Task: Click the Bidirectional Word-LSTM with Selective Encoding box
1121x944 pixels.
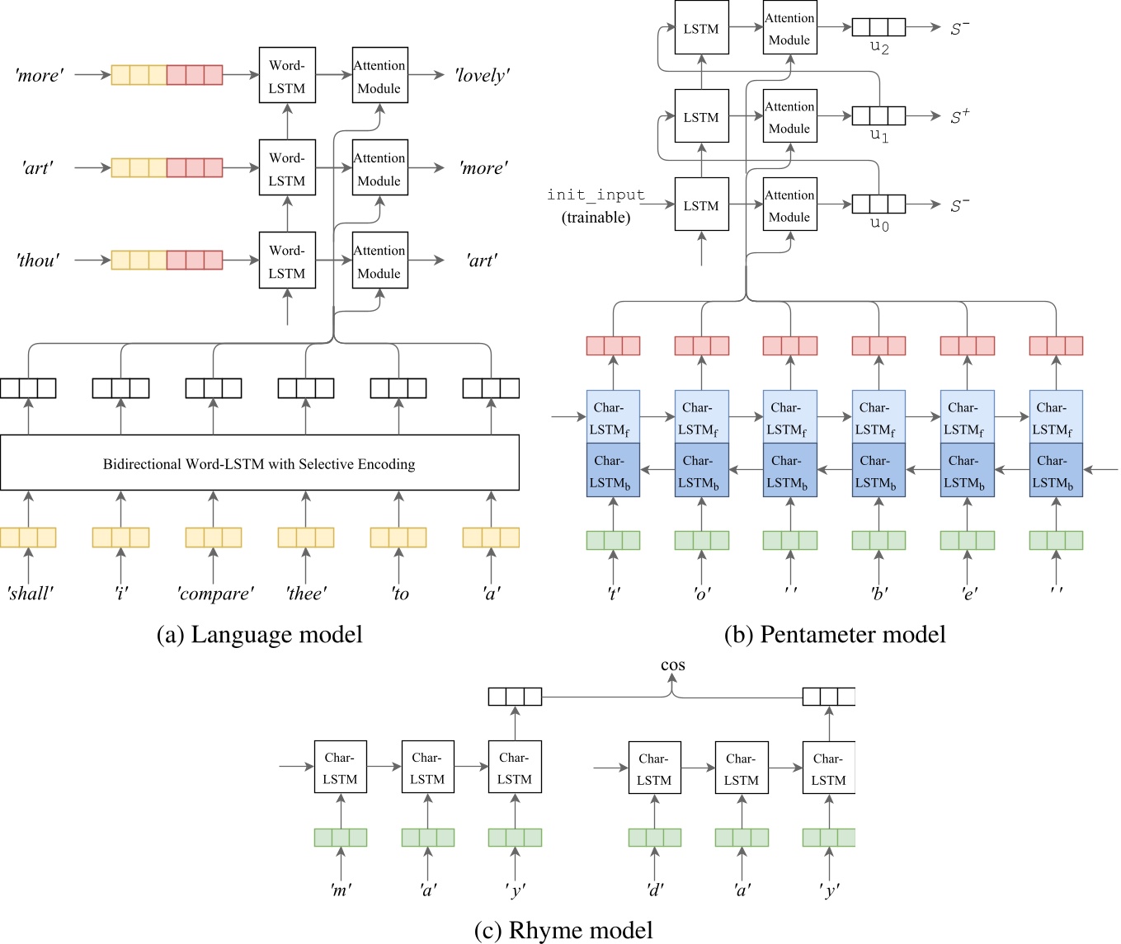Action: tap(259, 463)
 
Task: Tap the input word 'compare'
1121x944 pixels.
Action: tap(214, 594)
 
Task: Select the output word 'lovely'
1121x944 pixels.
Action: tap(482, 76)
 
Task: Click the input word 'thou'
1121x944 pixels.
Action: tap(38, 261)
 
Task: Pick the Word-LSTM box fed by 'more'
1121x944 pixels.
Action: tap(287, 76)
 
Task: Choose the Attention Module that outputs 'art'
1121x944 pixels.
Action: tap(379, 261)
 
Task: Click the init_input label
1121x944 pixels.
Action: tap(596, 195)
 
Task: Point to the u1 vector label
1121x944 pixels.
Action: tap(879, 135)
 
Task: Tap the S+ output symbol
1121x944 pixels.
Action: tap(959, 117)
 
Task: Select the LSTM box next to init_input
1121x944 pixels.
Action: tap(701, 205)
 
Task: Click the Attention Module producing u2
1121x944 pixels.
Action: tap(789, 29)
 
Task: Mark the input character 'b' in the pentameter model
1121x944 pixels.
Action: tap(878, 593)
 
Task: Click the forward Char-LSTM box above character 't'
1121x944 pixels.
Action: tap(613, 417)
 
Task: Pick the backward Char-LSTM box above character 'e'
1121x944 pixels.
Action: tap(967, 471)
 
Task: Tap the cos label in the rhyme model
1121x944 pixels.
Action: tap(672, 665)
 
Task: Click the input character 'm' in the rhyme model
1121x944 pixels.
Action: tap(340, 890)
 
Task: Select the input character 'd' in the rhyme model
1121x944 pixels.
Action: tap(654, 890)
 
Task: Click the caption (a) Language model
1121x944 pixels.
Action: tap(259, 634)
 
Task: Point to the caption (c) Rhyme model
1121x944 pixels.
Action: tap(563, 930)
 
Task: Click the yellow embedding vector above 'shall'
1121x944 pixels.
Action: tap(28, 538)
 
